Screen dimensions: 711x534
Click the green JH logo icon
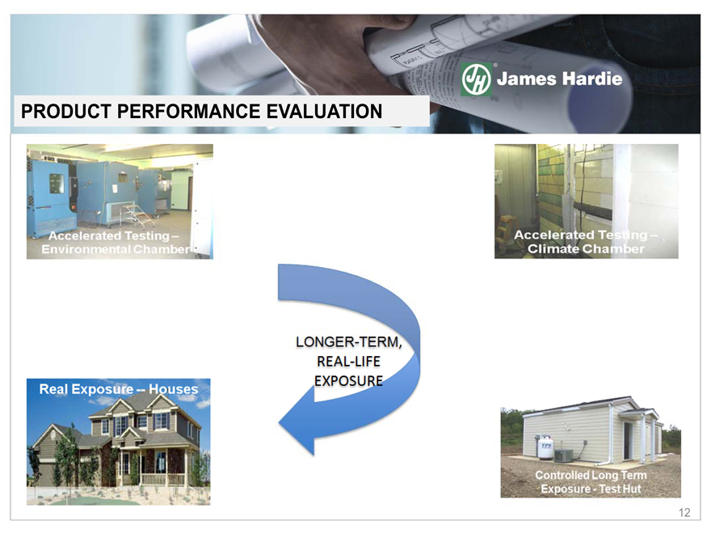tap(476, 79)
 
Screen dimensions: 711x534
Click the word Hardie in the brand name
tap(592, 79)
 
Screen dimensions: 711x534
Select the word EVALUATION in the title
tap(324, 112)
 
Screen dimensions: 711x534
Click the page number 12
tap(684, 513)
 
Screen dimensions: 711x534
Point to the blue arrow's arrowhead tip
tap(279, 423)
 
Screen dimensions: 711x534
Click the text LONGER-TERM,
tap(349, 342)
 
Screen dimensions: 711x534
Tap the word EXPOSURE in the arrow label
tap(349, 381)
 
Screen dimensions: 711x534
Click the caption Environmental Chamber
tap(116, 249)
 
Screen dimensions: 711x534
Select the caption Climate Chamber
tap(586, 249)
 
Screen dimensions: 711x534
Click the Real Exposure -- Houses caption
tap(119, 389)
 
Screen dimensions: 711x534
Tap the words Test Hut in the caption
tap(620, 489)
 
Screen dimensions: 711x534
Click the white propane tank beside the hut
tap(545, 448)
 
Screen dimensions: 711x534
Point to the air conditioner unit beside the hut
tap(563, 456)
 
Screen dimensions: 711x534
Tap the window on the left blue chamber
tap(57, 183)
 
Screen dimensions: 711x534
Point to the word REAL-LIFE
tap(349, 362)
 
